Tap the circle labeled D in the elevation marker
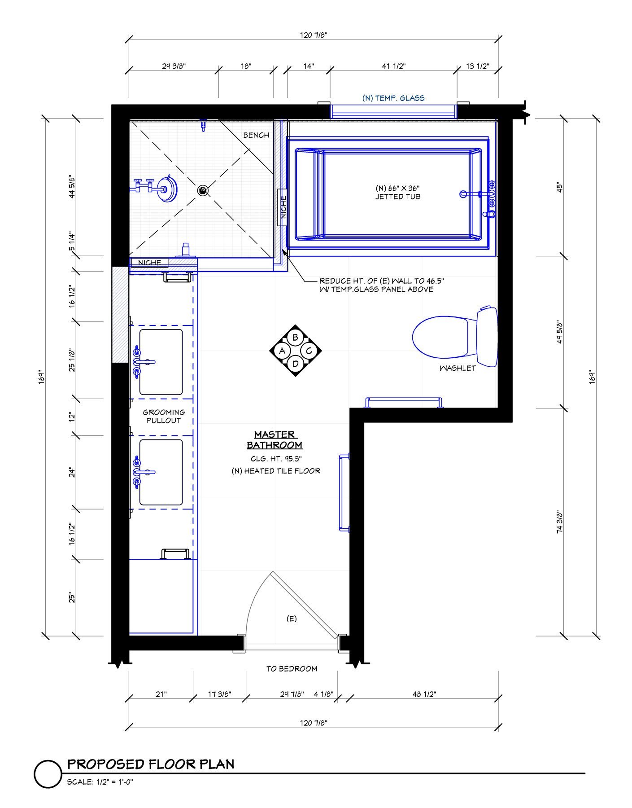(295, 364)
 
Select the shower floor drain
(203, 191)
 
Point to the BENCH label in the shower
(256, 135)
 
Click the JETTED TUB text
(398, 197)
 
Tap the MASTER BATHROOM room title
(275, 440)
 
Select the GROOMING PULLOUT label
(164, 416)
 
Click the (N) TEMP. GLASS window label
(393, 98)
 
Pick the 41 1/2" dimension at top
(394, 66)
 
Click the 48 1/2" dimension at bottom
(424, 694)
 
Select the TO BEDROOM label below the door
(292, 668)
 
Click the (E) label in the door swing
(292, 619)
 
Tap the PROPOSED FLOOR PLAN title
(151, 764)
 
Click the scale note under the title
(100, 782)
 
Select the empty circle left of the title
(48, 774)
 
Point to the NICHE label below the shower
(149, 263)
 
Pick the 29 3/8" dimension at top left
(174, 66)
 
